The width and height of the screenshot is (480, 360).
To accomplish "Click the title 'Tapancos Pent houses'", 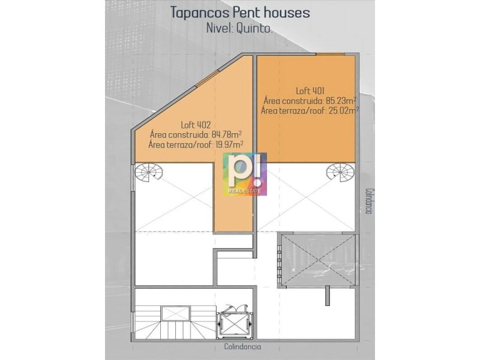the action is [239, 13].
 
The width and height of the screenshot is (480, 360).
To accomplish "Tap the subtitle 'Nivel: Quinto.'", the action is [239, 28].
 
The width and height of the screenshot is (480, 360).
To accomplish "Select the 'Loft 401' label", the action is [310, 91].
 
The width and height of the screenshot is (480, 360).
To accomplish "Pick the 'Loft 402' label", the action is [196, 125].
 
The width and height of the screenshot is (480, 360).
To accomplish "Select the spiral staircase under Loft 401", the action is [341, 172].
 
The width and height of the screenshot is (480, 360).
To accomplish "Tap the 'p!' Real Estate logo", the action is [245, 174].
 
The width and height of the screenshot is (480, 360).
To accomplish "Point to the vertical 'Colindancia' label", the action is [369, 201].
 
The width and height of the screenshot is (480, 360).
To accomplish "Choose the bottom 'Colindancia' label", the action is [243, 347].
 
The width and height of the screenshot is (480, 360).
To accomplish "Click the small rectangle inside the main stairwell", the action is [172, 313].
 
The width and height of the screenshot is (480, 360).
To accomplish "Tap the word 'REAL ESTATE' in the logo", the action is [245, 191].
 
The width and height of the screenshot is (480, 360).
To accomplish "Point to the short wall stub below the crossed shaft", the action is [327, 296].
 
